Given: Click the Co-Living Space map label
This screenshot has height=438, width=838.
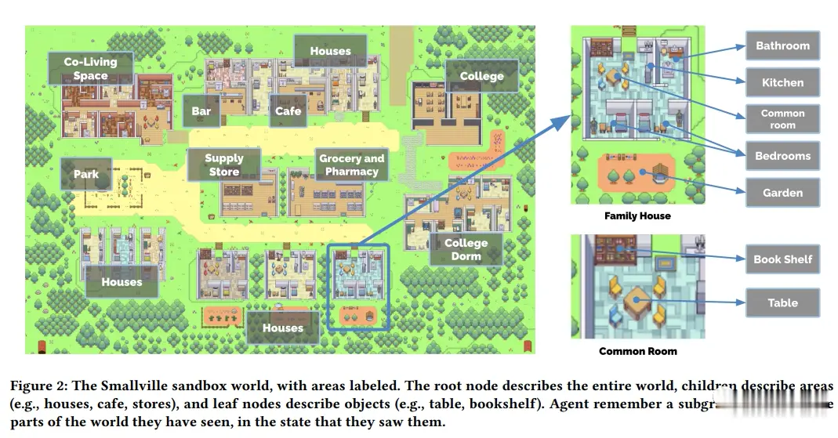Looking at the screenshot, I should pyautogui.click(x=90, y=68).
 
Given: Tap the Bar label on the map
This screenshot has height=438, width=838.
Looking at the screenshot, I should pyautogui.click(x=201, y=111).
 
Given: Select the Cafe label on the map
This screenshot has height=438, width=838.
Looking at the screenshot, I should pyautogui.click(x=288, y=111).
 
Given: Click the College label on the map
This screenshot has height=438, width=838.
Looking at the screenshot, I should pyautogui.click(x=481, y=76).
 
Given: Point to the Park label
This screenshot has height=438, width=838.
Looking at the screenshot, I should pyautogui.click(x=86, y=174).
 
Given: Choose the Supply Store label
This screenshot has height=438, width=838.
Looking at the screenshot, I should pyautogui.click(x=224, y=165).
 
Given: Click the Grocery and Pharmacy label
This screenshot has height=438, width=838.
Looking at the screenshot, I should pyautogui.click(x=351, y=165).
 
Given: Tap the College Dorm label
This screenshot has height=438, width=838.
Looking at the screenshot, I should pyautogui.click(x=466, y=249).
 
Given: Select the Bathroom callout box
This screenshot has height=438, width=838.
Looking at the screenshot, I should pyautogui.click(x=782, y=45).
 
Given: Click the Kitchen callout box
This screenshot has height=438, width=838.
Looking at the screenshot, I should pyautogui.click(x=782, y=82).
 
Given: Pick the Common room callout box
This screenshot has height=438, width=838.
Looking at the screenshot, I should pyautogui.click(x=782, y=119).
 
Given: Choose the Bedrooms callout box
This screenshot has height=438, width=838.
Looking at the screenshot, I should pyautogui.click(x=782, y=156).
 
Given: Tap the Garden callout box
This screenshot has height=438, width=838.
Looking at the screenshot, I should pyautogui.click(x=782, y=193).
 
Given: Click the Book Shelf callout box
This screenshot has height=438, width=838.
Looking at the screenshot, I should pyautogui.click(x=782, y=259).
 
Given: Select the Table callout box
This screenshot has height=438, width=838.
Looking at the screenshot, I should pyautogui.click(x=782, y=302).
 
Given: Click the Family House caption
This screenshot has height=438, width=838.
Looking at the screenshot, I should pyautogui.click(x=637, y=215).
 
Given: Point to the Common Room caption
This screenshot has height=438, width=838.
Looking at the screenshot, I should pyautogui.click(x=638, y=351).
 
